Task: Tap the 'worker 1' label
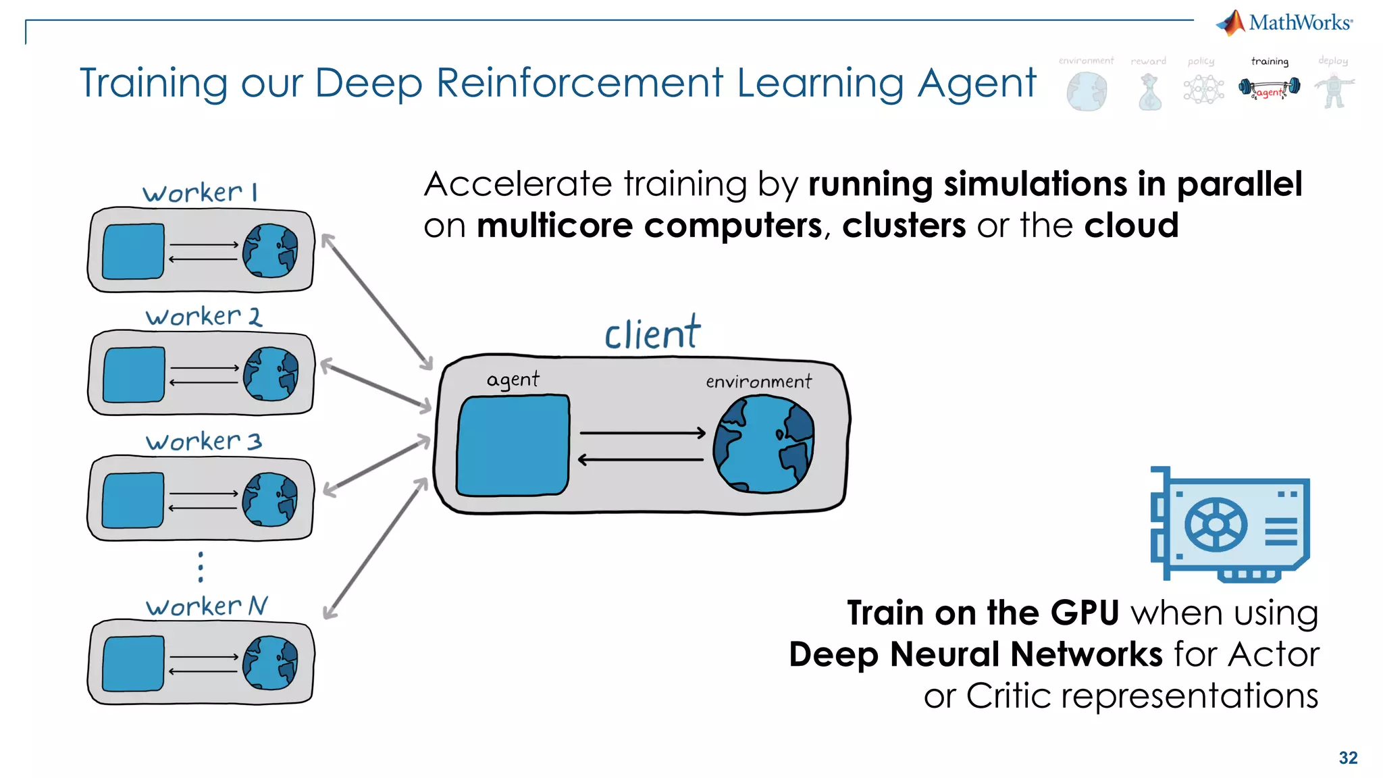(x=200, y=192)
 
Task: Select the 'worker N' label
(x=207, y=606)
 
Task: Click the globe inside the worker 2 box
(x=271, y=374)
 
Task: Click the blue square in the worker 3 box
(x=133, y=500)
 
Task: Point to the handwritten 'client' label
(x=652, y=333)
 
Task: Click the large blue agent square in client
(x=513, y=446)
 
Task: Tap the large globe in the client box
(x=764, y=444)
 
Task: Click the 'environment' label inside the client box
(x=758, y=382)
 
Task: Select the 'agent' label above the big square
(x=513, y=379)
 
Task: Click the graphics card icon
(x=1230, y=525)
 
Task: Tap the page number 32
(x=1348, y=758)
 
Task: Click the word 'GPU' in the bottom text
(x=1084, y=613)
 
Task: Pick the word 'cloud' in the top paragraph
(x=1131, y=225)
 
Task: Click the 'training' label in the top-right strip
(x=1270, y=61)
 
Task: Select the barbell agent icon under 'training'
(x=1270, y=88)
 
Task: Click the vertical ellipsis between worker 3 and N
(x=201, y=567)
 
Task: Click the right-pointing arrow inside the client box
(x=642, y=433)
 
